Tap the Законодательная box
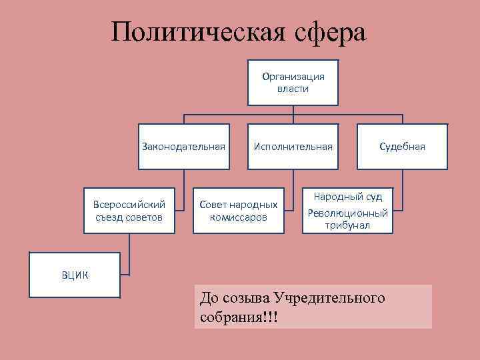183,147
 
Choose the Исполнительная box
293,147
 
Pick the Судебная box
402,147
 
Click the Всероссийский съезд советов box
129,209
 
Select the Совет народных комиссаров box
239,209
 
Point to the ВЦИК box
75,274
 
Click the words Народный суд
348,197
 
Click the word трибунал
348,226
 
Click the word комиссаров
239,217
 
